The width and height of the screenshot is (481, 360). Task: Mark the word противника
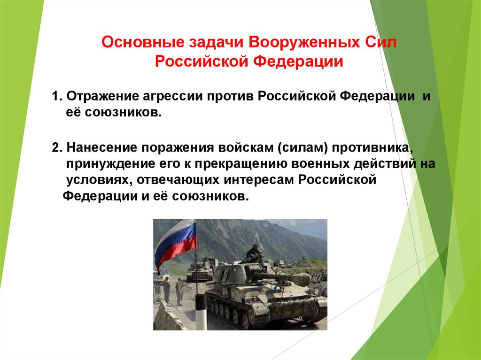tap(374, 148)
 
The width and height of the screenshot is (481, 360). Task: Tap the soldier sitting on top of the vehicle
tap(254, 253)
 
